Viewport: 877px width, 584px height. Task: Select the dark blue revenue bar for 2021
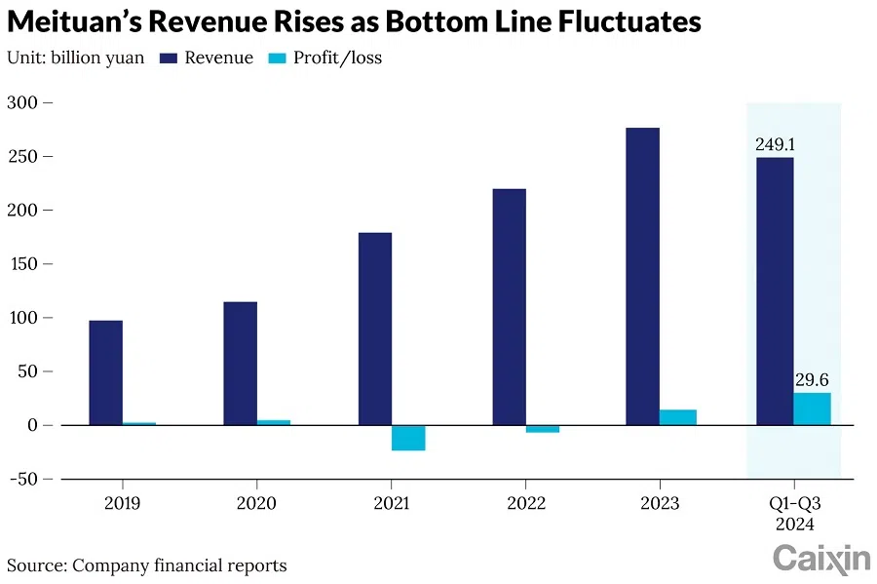374,329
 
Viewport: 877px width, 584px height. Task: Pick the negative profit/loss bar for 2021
408,438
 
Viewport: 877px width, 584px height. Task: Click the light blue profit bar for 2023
678,417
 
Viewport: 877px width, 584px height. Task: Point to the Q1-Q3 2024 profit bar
812,409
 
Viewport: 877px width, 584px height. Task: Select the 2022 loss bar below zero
543,429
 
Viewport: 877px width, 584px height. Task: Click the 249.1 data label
775,144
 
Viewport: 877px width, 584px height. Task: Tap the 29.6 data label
812,380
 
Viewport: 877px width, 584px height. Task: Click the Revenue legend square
167,58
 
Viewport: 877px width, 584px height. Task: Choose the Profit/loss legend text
339,58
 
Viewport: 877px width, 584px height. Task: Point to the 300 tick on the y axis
26,102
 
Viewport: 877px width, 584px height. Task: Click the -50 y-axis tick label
26,479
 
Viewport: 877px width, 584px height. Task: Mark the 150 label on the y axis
26,264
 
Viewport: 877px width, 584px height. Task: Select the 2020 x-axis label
256,503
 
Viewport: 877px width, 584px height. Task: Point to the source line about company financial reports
147,565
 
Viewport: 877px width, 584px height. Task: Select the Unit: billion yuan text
76,58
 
